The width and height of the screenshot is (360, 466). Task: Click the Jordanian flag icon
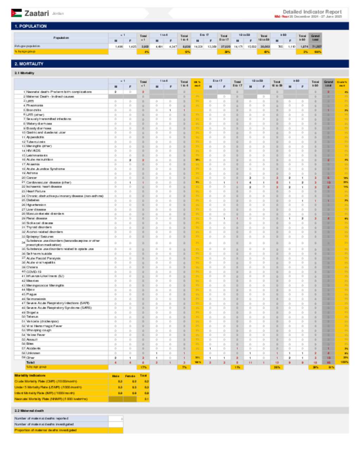(x=16, y=13)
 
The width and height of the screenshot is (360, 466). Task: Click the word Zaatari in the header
(x=37, y=13)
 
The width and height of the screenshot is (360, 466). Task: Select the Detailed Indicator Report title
(x=312, y=12)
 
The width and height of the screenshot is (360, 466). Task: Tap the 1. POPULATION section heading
(x=31, y=26)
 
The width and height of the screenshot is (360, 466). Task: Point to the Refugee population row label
(x=27, y=46)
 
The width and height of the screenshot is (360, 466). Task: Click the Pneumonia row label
(x=35, y=106)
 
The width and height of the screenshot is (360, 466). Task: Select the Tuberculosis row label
(x=36, y=142)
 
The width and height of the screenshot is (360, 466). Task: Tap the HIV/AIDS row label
(x=33, y=151)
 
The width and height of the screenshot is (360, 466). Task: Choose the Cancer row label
(x=32, y=178)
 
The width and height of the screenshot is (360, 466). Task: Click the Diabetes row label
(x=33, y=200)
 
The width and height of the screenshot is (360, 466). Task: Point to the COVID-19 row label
(x=34, y=272)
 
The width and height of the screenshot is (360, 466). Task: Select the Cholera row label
(x=32, y=267)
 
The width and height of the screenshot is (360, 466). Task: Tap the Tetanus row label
(x=32, y=317)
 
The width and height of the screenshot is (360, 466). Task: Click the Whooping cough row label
(x=39, y=330)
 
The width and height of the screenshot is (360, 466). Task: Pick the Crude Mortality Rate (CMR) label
(x=46, y=381)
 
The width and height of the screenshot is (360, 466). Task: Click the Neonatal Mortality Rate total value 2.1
(x=146, y=399)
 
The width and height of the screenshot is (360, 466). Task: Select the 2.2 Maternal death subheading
(x=29, y=410)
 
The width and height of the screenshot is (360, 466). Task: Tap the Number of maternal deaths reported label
(x=41, y=419)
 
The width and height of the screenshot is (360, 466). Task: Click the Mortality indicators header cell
(x=30, y=376)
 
